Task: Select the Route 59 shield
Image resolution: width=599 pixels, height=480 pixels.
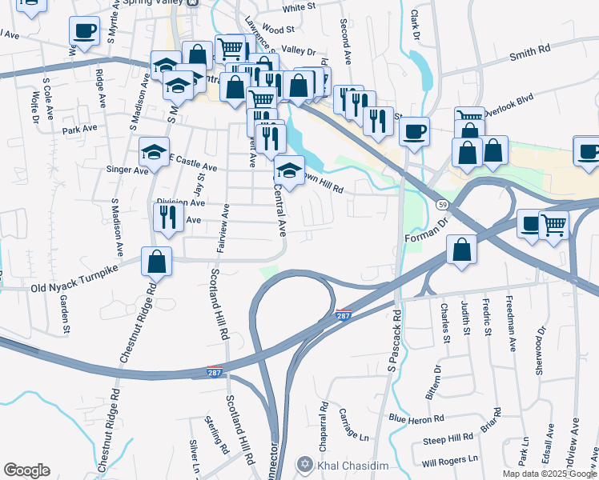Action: pos(442,206)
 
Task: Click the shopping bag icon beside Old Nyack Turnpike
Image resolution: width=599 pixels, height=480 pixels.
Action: pos(157,261)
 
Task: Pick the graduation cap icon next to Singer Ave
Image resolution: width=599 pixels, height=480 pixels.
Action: pos(155,151)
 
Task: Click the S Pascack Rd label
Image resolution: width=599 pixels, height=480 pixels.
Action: pos(393,341)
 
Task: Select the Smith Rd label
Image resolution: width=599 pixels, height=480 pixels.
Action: pos(530,50)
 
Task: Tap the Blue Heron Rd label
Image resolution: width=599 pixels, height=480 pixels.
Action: pos(416,418)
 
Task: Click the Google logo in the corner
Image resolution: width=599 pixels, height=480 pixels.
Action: pos(26,470)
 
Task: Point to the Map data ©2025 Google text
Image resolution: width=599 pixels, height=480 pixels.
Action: pos(549,474)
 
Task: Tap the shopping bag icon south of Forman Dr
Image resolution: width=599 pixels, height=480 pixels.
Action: pos(461,250)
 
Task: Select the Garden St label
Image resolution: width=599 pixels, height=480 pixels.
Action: pos(64,314)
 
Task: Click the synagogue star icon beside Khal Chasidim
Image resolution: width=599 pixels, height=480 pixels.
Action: pos(304,465)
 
